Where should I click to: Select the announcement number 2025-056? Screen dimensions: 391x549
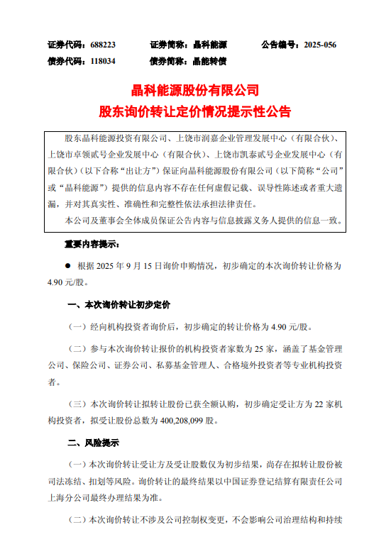(x=320, y=45)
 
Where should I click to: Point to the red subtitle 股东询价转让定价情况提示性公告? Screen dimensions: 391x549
(x=195, y=112)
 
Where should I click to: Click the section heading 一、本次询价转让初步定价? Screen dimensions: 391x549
(x=119, y=305)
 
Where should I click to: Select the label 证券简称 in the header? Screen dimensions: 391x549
(x=167, y=45)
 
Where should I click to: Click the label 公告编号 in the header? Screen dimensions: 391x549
(x=277, y=45)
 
